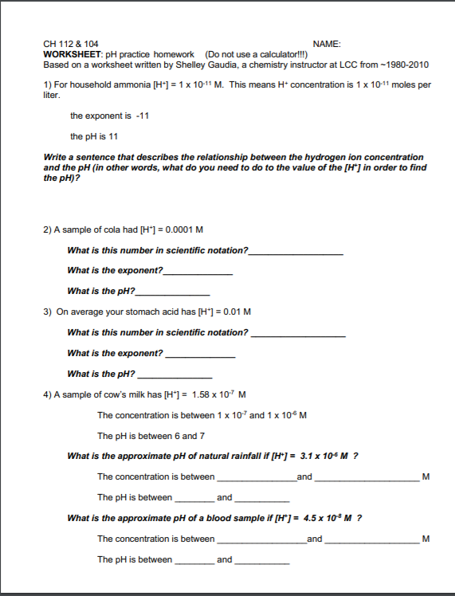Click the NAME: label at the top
(x=327, y=44)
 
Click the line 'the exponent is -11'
(x=110, y=116)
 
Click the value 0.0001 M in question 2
(x=186, y=229)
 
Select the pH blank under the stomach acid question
(x=175, y=374)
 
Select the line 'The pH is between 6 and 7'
(x=151, y=436)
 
